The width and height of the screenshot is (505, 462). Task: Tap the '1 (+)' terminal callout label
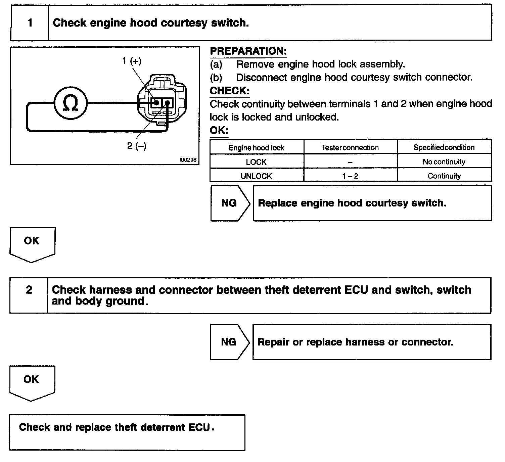132,61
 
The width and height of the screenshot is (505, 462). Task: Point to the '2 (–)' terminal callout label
137,146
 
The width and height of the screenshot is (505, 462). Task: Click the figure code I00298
188,160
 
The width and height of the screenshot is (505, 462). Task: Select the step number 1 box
30,23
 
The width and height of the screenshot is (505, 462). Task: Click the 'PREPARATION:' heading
248,51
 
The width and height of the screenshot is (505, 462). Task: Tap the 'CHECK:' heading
230,91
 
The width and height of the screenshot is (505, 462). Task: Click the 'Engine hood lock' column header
256,148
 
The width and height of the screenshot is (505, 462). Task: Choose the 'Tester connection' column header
350,148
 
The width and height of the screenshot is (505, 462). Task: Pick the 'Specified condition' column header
444,148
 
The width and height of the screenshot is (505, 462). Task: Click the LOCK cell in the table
256,162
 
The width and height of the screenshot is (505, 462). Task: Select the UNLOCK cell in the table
256,176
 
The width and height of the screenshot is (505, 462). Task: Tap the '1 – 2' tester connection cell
350,176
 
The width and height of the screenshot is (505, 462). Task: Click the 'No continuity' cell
444,162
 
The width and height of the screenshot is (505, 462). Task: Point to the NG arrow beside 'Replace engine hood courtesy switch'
230,203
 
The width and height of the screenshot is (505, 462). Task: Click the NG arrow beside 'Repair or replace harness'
229,342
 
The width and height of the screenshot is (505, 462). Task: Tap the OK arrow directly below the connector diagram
32,243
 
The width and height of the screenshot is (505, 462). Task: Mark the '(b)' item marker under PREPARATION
216,78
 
